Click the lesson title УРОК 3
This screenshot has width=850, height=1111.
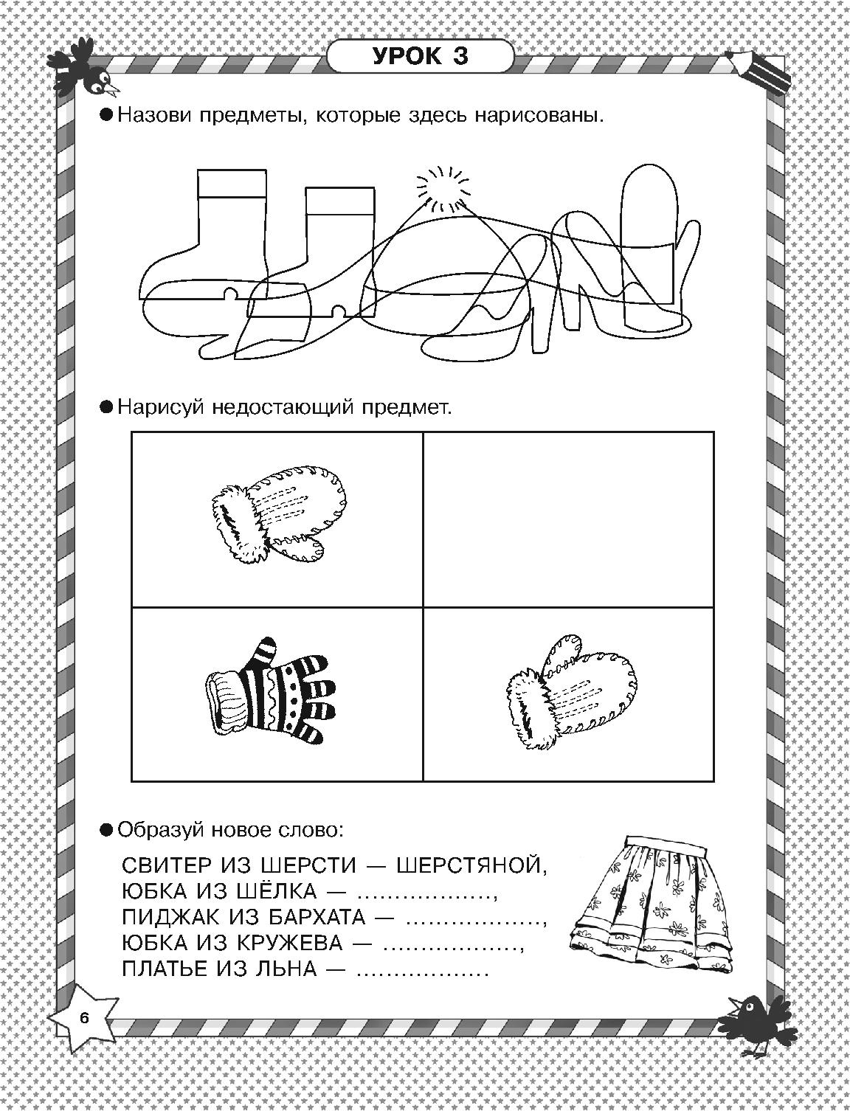click(x=420, y=57)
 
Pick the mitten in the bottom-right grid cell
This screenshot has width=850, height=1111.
click(x=570, y=691)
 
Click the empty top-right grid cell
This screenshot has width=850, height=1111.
click(x=568, y=519)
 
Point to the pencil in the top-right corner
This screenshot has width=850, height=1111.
click(x=760, y=70)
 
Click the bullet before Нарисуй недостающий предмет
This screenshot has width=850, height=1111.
click(x=106, y=407)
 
